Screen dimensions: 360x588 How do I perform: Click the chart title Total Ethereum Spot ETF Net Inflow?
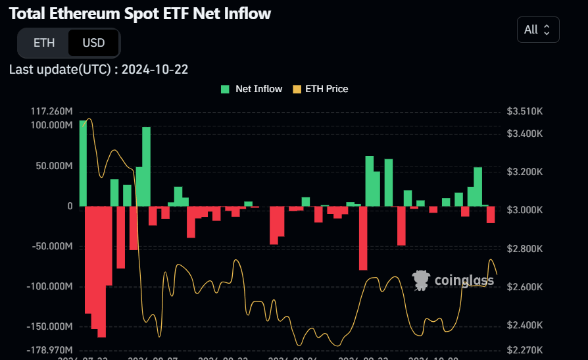(x=140, y=13)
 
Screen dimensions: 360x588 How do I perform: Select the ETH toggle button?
(x=44, y=43)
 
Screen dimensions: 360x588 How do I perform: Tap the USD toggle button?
(x=93, y=43)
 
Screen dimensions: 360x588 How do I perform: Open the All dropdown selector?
(x=538, y=30)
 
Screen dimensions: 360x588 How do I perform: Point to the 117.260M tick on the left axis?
(x=51, y=111)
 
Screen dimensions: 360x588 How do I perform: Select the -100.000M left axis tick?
(x=51, y=286)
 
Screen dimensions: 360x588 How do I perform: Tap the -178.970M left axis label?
(x=51, y=349)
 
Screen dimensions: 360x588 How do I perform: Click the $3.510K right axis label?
(x=525, y=111)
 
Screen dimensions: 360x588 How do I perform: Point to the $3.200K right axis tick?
(x=525, y=172)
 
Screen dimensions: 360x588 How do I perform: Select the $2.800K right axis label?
(x=525, y=249)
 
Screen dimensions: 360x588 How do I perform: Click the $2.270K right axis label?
(x=525, y=349)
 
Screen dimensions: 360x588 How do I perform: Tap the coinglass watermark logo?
(x=453, y=280)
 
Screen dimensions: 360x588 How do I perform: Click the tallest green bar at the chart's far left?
(x=83, y=163)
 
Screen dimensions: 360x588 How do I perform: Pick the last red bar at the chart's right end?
(x=491, y=215)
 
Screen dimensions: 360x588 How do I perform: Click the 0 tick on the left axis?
(x=69, y=206)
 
